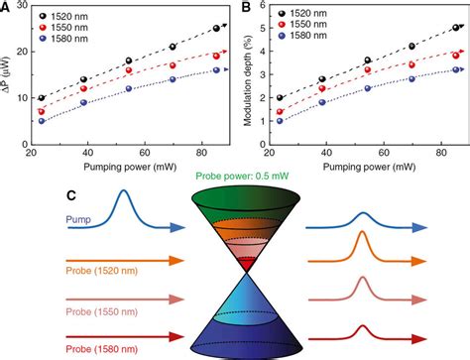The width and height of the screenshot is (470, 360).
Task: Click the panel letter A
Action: point(7,8)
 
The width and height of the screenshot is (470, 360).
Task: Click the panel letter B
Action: point(243,8)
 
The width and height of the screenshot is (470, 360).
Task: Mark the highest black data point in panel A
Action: point(216,29)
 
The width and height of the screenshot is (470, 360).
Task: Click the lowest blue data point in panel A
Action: point(41,121)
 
